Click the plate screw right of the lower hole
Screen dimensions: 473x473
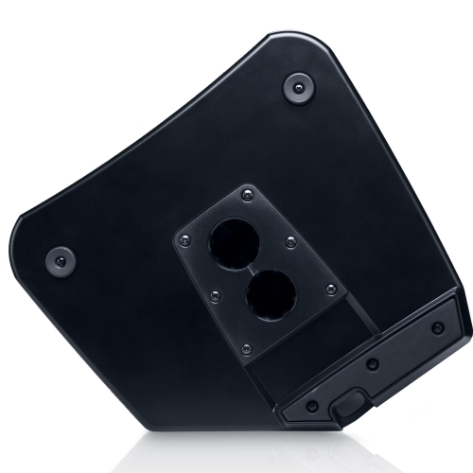point(330,289)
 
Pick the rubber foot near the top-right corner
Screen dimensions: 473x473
point(299,88)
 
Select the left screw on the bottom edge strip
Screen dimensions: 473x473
point(313,408)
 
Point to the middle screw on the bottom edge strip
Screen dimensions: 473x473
point(373,364)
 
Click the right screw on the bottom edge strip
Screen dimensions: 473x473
point(437,328)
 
